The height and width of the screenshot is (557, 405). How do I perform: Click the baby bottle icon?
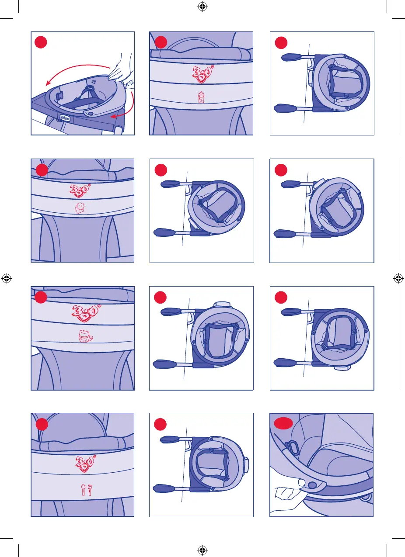201,97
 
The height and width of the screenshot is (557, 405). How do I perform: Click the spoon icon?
83,491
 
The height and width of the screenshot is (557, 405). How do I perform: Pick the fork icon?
91,491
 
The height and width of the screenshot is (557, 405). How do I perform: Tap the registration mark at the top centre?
202,7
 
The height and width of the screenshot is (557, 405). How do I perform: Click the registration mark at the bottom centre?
202,550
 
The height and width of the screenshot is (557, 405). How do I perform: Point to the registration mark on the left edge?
7,278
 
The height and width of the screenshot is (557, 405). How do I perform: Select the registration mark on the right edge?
398,278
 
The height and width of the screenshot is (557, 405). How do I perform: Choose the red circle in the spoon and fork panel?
42,424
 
